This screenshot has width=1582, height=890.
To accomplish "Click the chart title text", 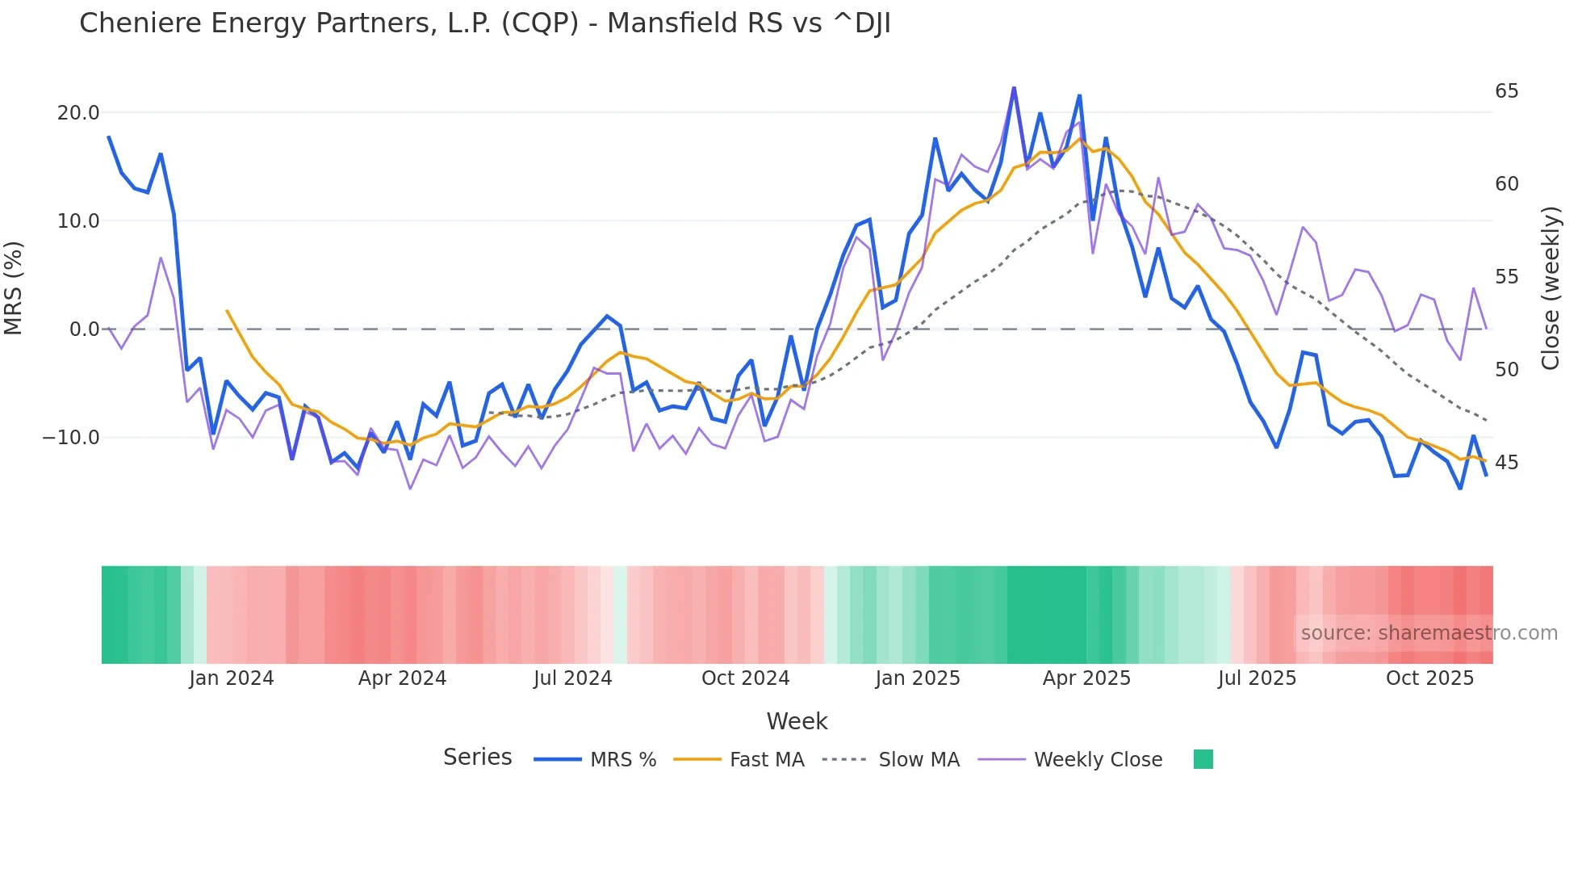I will click(484, 23).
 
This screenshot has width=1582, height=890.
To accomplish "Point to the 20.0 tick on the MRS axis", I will click(77, 113).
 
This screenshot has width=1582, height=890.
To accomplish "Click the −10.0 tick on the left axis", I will click(71, 438).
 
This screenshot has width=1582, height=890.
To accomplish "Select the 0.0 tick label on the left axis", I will click(84, 330).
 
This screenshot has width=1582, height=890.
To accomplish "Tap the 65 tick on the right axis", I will click(1506, 91).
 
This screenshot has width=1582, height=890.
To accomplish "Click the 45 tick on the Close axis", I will click(1506, 463).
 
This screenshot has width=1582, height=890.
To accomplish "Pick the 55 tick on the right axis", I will click(1506, 277).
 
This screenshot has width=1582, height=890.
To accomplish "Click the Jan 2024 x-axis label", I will click(232, 678).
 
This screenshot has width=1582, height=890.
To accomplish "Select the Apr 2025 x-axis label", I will click(1086, 678).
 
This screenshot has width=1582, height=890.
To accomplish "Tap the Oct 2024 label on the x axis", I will click(745, 678).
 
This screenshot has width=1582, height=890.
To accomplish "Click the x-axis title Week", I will click(797, 721).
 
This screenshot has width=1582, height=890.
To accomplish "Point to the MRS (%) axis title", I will click(14, 288).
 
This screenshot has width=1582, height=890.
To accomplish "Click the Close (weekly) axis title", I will click(1551, 288).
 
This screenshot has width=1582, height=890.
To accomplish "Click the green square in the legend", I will click(1203, 759).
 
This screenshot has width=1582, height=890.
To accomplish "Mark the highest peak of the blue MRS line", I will click(1014, 88).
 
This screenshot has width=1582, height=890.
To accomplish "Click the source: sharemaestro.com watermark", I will click(1429, 633).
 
